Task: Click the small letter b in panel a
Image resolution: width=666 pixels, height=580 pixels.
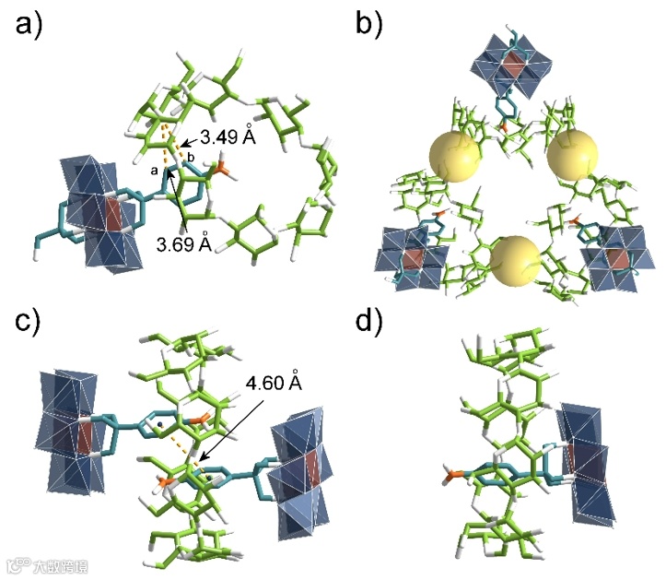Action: (x=191, y=159)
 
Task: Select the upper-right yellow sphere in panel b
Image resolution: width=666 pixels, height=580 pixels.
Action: (x=572, y=156)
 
